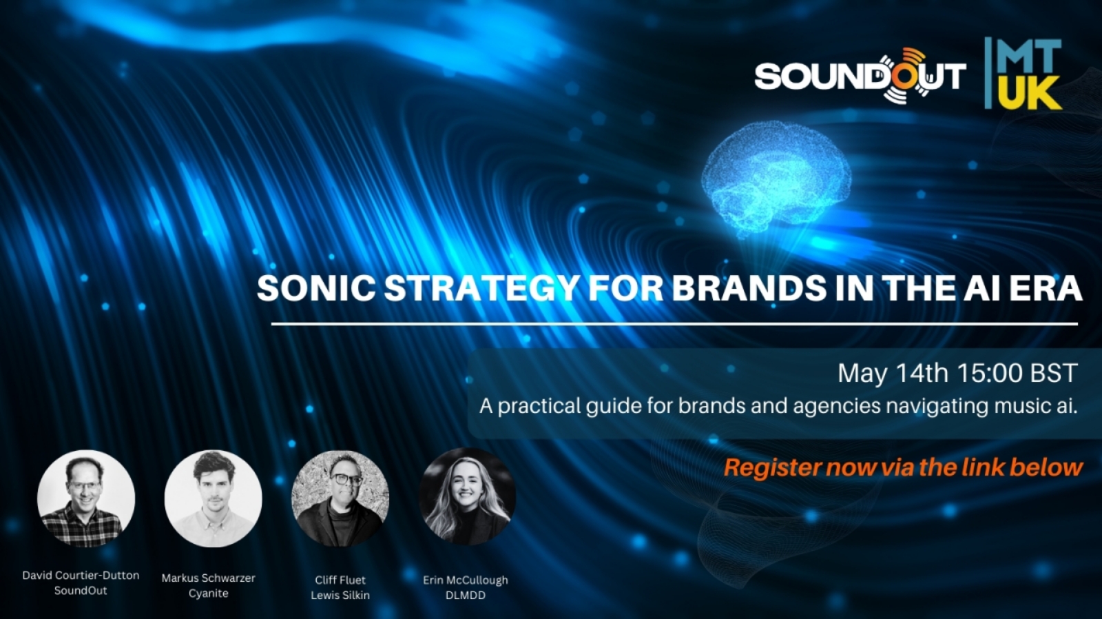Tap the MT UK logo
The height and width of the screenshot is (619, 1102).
(1023, 73)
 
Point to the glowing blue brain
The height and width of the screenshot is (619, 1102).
(776, 181)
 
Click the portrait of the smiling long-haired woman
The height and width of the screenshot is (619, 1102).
(468, 496)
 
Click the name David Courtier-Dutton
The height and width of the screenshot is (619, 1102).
(81, 575)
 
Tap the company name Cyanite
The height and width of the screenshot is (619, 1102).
(209, 593)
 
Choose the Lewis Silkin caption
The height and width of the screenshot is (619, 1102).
(340, 596)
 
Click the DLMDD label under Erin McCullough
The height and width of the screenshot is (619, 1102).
(466, 596)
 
